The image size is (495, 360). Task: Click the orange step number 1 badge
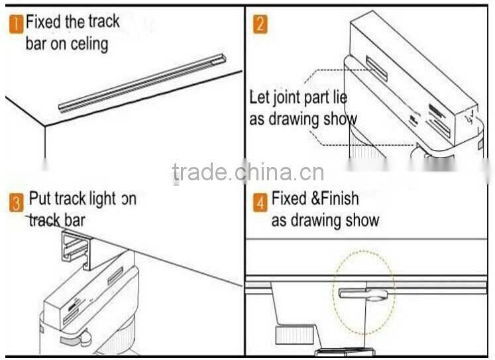(x=16, y=24)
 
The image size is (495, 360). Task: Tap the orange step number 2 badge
(x=261, y=25)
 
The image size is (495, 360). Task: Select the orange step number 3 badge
(x=17, y=202)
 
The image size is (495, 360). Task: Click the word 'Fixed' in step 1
(x=43, y=22)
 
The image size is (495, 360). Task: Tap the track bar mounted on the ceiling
(x=142, y=83)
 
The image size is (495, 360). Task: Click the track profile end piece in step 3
(x=76, y=249)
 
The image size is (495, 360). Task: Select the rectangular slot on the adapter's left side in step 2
(x=376, y=69)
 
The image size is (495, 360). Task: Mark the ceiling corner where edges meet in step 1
(x=44, y=125)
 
